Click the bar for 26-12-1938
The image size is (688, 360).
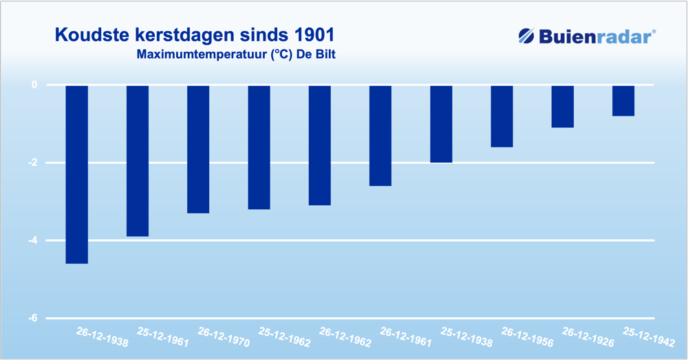coord(76,174)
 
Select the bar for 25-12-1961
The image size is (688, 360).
coord(137,160)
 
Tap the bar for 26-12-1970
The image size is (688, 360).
coord(198,149)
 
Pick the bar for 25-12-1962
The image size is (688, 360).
coord(259,147)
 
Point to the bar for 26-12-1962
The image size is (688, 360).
coord(319,145)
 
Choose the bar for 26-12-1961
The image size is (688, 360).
coord(380,136)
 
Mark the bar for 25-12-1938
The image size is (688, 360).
coord(441,124)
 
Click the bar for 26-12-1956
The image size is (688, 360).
coord(502,116)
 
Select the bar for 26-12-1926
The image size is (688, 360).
coord(562,107)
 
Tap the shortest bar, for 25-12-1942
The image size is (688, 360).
coord(623,100)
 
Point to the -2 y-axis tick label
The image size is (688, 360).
coord(32,163)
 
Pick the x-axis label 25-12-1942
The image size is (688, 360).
coord(648,336)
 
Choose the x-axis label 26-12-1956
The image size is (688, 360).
coord(527,336)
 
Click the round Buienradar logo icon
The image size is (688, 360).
coord(527,36)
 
